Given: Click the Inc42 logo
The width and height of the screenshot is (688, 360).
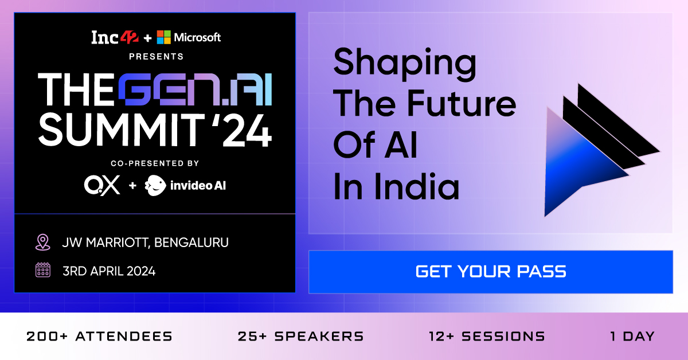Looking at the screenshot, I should coord(114,38).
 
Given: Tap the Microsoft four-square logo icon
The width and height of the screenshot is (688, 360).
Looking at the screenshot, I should coord(164,37).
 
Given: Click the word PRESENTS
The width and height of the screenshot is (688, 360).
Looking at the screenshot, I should coord(156,57).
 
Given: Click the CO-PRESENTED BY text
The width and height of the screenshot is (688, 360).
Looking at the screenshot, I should coord(156,163).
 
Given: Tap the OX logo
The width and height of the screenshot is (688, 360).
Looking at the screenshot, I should coord(102,185).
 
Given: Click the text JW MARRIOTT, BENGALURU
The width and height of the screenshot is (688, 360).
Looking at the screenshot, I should coord(145,242).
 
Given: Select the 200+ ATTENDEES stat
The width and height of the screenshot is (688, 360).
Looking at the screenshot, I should coord(99,336).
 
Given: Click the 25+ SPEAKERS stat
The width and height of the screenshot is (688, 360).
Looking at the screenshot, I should coord(300,336).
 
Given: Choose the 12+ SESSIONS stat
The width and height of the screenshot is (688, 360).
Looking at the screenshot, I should coord(486,336).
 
